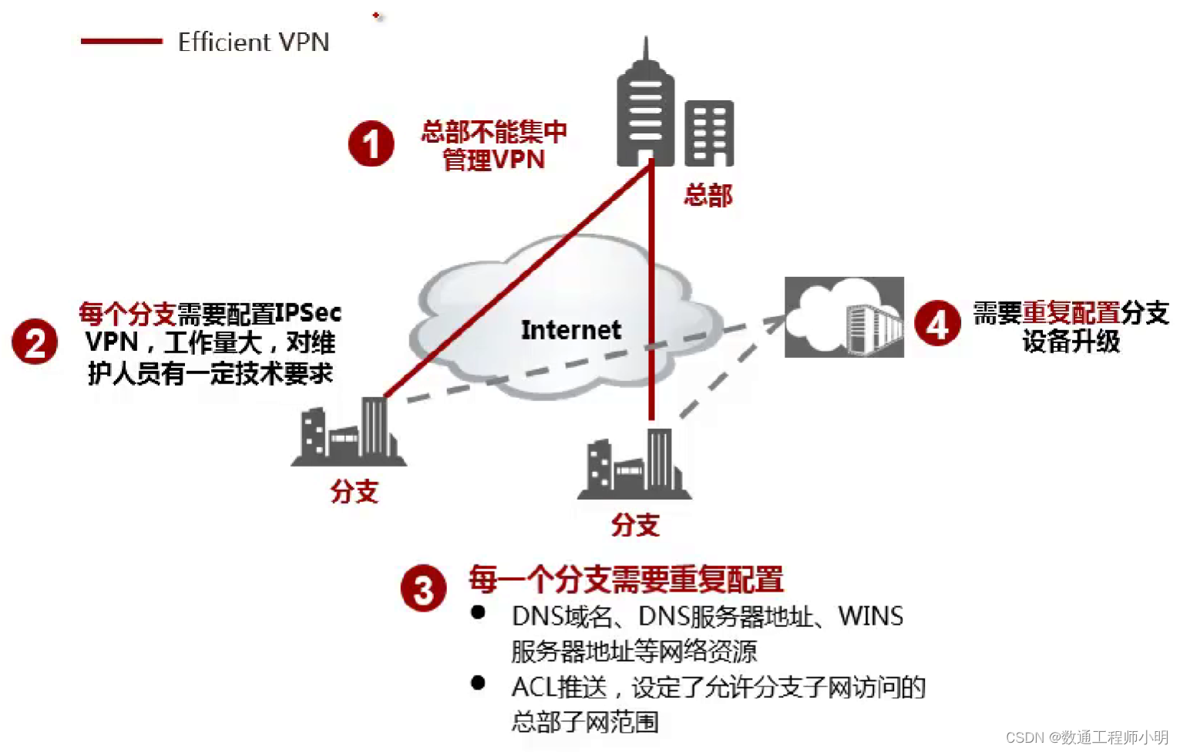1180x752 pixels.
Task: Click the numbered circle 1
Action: [x=371, y=144]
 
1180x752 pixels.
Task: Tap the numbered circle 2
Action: [x=35, y=342]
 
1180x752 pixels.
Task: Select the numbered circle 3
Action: [x=423, y=589]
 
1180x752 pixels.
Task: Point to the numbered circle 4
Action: [x=937, y=323]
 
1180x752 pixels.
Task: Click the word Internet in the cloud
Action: [x=570, y=330]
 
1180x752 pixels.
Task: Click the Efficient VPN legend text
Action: [x=254, y=42]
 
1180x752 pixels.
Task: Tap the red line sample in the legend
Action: [x=121, y=42]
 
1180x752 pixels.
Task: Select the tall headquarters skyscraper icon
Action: [x=645, y=108]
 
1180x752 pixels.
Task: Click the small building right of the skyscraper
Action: [x=709, y=133]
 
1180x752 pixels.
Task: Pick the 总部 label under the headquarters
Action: [x=708, y=195]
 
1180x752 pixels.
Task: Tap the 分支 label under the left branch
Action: [x=354, y=491]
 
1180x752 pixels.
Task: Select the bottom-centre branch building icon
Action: [x=634, y=464]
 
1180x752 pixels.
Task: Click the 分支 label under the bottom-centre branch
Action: [x=635, y=525]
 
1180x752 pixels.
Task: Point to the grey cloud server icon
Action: [x=844, y=317]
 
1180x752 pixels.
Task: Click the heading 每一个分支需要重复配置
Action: [x=626, y=579]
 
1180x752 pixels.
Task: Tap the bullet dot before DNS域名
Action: [x=478, y=612]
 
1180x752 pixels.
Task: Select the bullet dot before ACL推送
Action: [x=478, y=683]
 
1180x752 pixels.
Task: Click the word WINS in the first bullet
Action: [x=870, y=616]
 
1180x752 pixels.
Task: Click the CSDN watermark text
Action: [x=1087, y=737]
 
